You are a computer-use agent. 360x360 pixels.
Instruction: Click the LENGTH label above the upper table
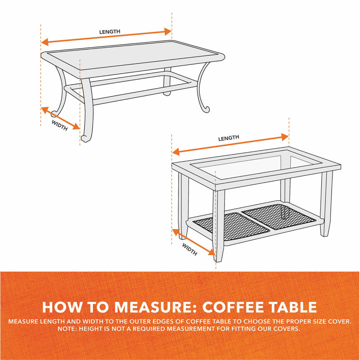point(110,31)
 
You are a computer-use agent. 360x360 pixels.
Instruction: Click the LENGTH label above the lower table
point(229,138)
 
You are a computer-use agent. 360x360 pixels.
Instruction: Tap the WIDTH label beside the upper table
point(59,125)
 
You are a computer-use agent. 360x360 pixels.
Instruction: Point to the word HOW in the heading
point(61,307)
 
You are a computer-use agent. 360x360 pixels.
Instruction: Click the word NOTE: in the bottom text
point(68,329)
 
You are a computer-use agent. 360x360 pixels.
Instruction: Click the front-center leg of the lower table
point(219,225)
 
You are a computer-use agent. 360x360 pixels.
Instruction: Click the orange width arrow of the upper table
point(60,117)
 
